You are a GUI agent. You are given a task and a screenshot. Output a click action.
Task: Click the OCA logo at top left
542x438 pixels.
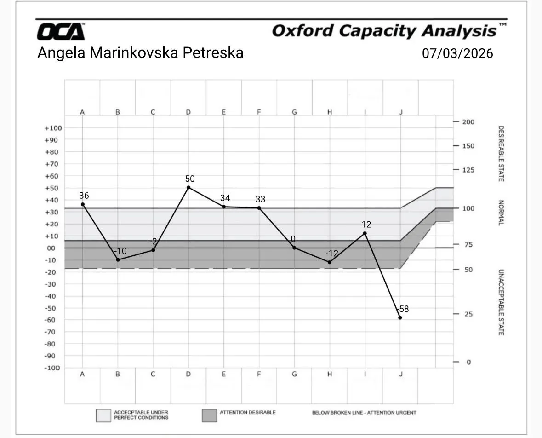pos(61,32)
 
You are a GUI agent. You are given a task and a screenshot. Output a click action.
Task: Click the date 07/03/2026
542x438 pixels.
pos(457,53)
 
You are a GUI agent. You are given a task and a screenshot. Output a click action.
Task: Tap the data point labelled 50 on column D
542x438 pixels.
pos(188,188)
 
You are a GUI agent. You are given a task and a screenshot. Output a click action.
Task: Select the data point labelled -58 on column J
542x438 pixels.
pos(400,317)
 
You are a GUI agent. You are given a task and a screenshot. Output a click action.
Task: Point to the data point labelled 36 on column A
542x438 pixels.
pos(83,204)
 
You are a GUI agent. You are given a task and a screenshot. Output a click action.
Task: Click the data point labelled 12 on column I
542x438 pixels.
pos(365,233)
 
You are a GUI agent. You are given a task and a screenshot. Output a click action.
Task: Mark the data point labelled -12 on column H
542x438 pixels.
pos(330,262)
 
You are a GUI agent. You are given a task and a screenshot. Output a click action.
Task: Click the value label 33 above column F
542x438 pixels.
pos(260,199)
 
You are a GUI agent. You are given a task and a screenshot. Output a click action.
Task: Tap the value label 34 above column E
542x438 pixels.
pos(225,198)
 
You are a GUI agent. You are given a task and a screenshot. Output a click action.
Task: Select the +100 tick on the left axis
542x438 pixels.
pos(53,128)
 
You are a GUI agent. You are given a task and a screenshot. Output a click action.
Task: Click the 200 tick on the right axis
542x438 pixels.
pos(468,122)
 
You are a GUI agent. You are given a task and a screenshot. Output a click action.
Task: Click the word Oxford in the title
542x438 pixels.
pos(302,31)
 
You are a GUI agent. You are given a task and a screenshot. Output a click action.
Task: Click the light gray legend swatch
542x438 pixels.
pos(103,415)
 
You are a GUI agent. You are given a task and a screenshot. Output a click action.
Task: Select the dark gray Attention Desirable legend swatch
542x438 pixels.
pos(209,415)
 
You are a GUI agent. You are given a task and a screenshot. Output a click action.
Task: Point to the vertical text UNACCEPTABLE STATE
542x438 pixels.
pos(501,302)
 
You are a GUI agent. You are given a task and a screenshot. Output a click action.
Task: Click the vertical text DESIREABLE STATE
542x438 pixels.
pos(501,154)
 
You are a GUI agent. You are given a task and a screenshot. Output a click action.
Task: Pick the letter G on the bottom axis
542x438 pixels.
pos(294,374)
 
